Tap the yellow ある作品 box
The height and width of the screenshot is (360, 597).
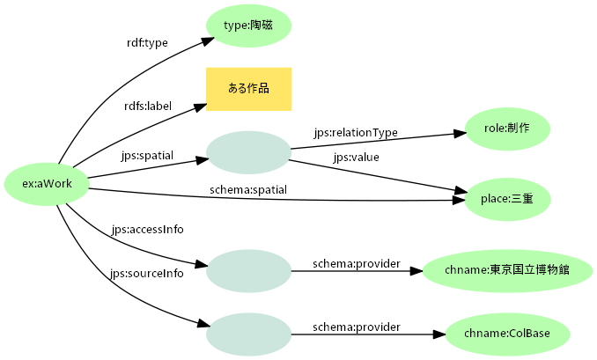[248, 89]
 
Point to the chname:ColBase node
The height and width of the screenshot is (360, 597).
[506, 334]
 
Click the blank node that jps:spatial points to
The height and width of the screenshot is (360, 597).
[248, 152]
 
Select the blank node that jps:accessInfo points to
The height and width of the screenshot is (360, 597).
[248, 270]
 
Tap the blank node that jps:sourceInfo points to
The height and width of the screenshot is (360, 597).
[248, 334]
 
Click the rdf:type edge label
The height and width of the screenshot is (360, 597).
[148, 42]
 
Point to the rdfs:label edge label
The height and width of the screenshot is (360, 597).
[148, 106]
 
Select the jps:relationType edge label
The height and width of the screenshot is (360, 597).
[356, 132]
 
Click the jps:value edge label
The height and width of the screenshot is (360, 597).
[356, 158]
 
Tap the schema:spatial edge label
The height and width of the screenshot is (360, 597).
[248, 189]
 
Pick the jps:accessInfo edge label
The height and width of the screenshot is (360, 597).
[148, 230]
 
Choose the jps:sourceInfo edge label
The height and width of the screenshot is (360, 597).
[147, 273]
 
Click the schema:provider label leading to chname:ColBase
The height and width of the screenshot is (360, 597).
[357, 327]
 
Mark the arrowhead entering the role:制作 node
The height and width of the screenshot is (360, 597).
[460, 135]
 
